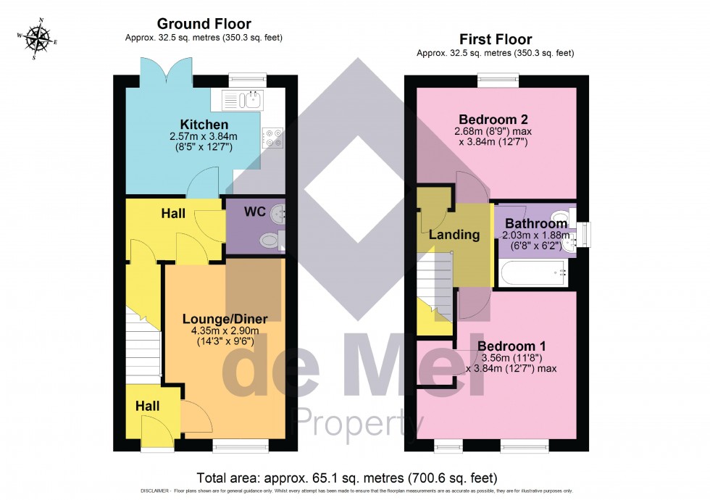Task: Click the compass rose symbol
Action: tap(35, 38)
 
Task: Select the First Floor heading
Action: tap(496, 39)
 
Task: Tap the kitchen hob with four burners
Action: tap(274, 138)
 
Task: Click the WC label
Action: tap(254, 212)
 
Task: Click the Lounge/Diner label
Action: tap(225, 319)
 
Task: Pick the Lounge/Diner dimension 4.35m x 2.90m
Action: tap(225, 331)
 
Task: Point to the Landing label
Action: tap(454, 235)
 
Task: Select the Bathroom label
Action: tap(536, 224)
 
